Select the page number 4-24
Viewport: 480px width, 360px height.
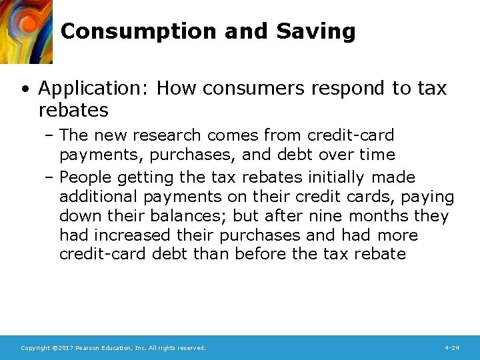(451, 348)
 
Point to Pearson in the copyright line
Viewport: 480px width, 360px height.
(91, 348)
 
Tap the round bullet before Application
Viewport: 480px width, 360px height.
(25, 89)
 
